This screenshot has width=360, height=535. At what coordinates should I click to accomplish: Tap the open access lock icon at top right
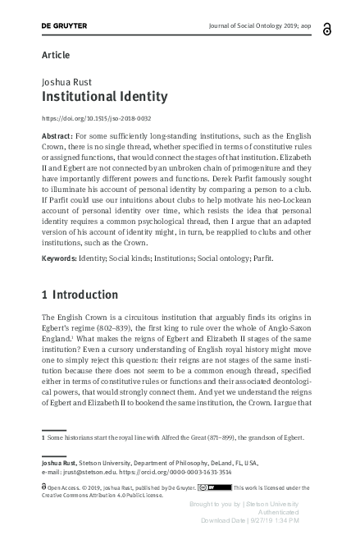click(x=327, y=29)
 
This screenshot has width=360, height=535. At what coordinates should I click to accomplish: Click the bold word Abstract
click(x=56, y=134)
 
